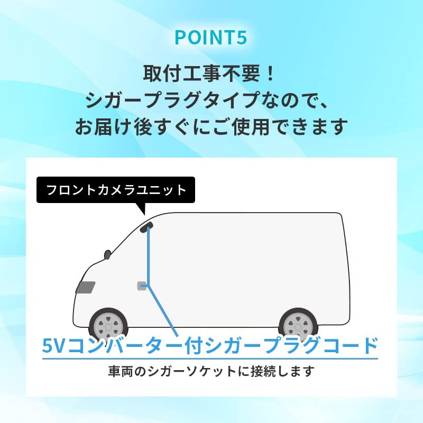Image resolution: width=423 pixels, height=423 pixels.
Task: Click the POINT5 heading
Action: (211, 38)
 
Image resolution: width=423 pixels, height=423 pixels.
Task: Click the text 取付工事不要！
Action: (209, 72)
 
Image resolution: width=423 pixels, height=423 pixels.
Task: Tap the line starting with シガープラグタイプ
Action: (211, 100)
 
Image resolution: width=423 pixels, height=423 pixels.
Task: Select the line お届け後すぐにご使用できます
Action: (211, 127)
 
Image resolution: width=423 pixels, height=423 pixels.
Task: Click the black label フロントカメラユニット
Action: (116, 190)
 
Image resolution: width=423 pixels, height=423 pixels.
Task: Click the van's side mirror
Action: (108, 254)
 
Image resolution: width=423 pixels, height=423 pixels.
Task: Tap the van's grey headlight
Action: (85, 287)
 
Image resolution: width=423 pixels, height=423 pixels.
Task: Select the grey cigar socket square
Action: (141, 286)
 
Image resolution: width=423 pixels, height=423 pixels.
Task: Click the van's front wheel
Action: (108, 324)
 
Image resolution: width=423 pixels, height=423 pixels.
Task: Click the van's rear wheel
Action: (298, 324)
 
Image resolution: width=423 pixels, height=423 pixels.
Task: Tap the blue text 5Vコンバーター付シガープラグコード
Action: (210, 346)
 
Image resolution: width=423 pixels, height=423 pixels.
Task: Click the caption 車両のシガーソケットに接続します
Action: (211, 371)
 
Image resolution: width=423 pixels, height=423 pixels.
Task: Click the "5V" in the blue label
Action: (54, 346)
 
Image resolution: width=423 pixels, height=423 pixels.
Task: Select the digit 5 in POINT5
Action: (242, 38)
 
